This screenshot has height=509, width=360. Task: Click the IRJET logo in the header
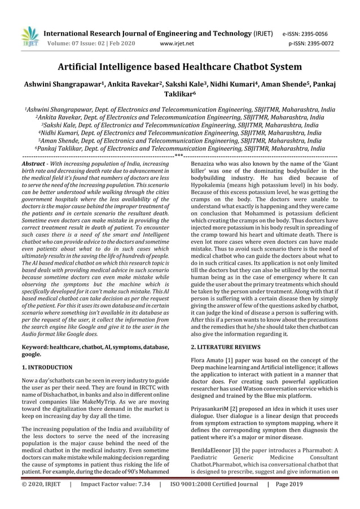coord(28,34)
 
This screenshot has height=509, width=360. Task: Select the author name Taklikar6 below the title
coord(180,96)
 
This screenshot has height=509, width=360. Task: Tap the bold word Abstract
coord(32,163)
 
